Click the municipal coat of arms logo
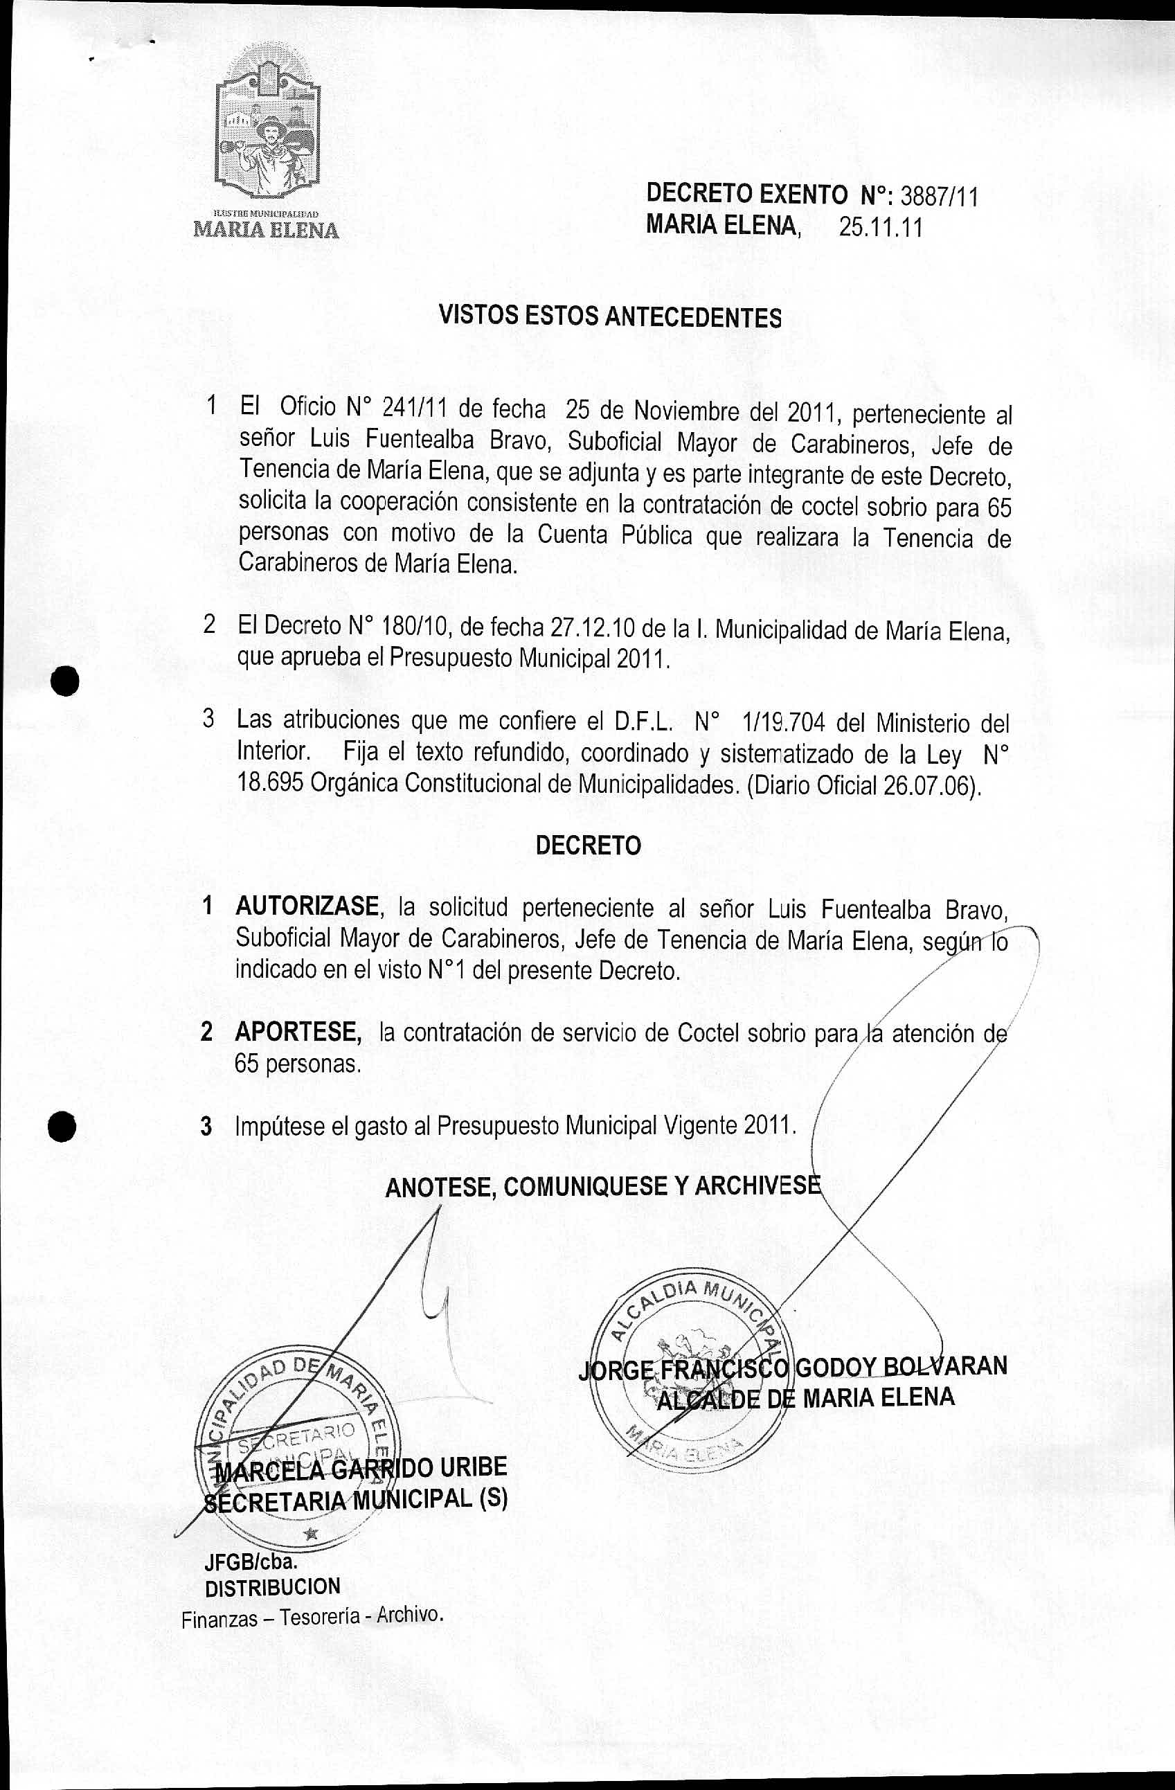click(268, 128)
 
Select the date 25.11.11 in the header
click(881, 228)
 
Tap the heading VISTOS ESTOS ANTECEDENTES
click(610, 317)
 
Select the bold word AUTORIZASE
click(307, 907)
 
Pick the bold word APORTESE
click(298, 1032)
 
